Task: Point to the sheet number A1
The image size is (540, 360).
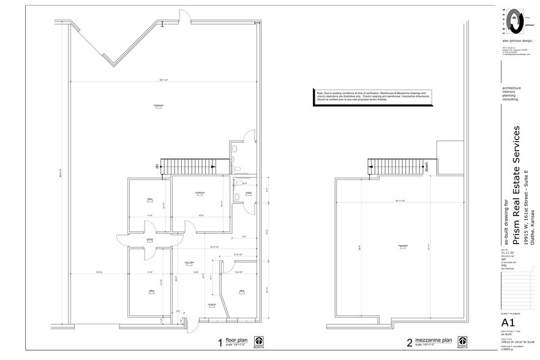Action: click(x=508, y=323)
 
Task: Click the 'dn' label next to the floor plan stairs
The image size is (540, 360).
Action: click(x=157, y=166)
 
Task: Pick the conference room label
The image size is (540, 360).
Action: click(x=199, y=192)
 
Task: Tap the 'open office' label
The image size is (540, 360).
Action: click(x=189, y=263)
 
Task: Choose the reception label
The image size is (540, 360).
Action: click(x=212, y=304)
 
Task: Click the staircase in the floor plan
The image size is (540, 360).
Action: click(x=187, y=165)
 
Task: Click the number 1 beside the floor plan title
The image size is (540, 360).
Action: click(x=219, y=342)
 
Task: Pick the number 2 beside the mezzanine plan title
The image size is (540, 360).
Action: click(x=409, y=342)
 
